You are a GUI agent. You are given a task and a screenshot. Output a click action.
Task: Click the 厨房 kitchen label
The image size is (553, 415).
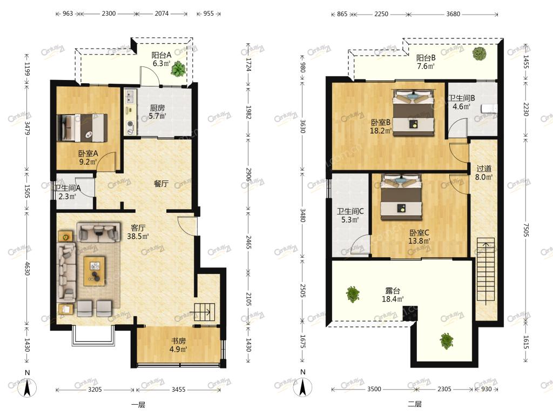pyautogui.click(x=157, y=108)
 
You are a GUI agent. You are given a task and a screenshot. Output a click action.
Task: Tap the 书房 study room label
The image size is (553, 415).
pyautogui.click(x=178, y=341)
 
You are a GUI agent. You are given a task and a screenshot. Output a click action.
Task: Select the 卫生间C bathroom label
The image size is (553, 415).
pyautogui.click(x=350, y=211)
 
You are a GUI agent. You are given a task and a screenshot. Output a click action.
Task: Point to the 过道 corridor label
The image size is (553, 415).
pyautogui.click(x=483, y=169)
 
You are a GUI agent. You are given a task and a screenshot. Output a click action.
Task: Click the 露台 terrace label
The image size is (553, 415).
pyautogui.click(x=393, y=291)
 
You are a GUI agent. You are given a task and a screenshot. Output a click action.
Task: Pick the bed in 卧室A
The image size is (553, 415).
pyautogui.click(x=82, y=128)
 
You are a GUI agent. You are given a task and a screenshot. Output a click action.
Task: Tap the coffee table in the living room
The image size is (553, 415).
pyautogui.click(x=94, y=271)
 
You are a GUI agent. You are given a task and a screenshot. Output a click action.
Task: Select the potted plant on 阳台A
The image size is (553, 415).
pyautogui.click(x=178, y=69)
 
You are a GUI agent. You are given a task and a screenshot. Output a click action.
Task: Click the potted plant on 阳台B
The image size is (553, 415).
pyautogui.click(x=480, y=53)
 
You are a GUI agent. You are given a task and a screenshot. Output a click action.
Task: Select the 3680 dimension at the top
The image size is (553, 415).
pyautogui.click(x=453, y=14)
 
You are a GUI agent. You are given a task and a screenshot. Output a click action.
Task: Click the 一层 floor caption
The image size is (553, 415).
pyautogui.click(x=138, y=405)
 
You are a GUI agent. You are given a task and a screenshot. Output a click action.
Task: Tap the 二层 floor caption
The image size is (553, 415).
pyautogui.click(x=415, y=404)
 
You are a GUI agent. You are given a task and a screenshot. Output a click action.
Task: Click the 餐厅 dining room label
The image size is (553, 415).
pyautogui.click(x=161, y=184)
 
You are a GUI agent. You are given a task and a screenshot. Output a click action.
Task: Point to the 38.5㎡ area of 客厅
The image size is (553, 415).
pyautogui.click(x=138, y=236)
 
